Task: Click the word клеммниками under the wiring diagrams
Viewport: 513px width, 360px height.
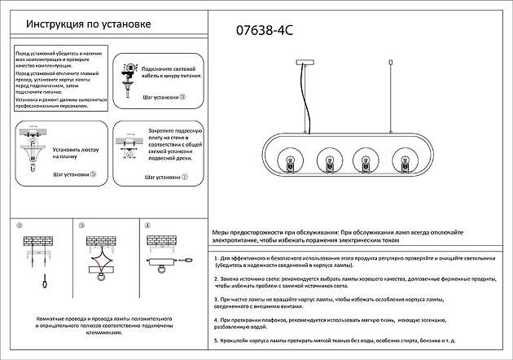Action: [x=96, y=333]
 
